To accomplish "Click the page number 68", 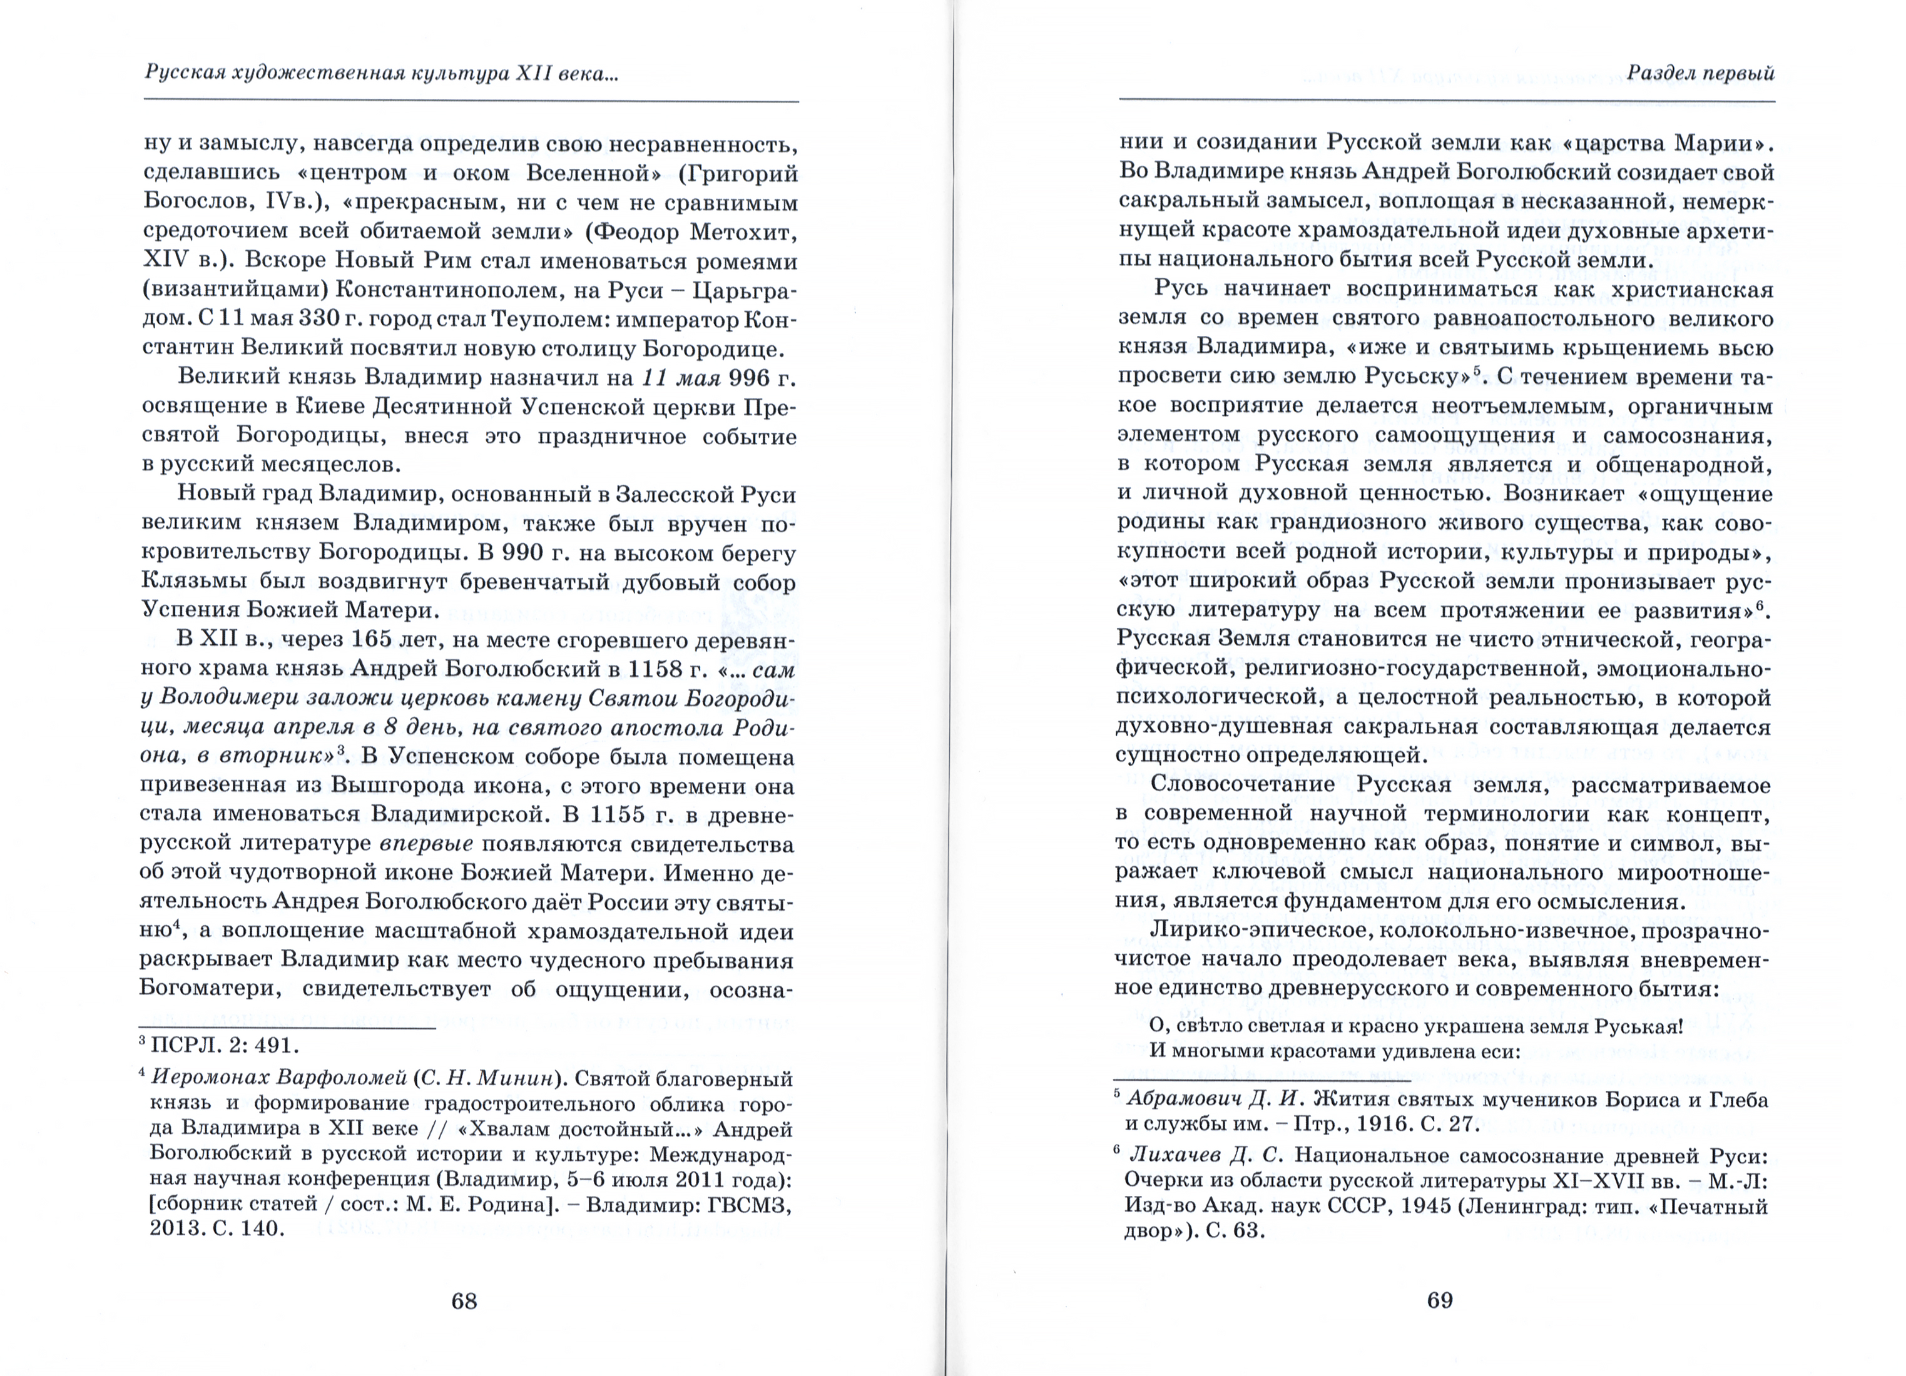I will tap(464, 1300).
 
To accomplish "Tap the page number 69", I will tap(1440, 1300).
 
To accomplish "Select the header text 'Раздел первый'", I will tap(1700, 73).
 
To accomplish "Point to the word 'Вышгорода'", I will tap(399, 786).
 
